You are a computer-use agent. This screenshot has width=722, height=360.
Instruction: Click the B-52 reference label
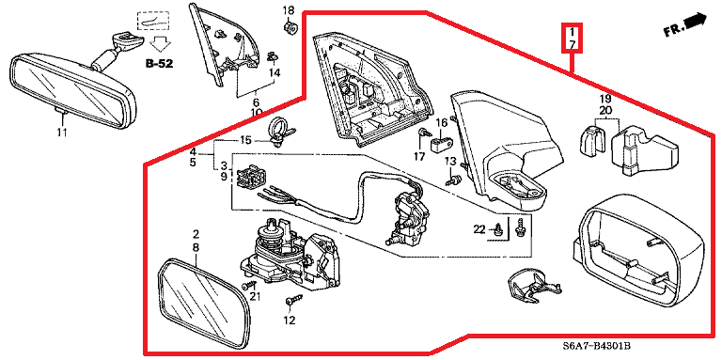[159, 64]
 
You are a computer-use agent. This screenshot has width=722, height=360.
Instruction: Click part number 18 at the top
[289, 9]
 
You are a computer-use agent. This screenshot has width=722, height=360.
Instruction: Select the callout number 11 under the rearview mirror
[62, 133]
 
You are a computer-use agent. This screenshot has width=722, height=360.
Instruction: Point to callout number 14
[275, 72]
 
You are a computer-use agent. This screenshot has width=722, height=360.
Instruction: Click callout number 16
[442, 122]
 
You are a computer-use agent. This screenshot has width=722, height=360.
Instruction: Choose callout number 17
[418, 157]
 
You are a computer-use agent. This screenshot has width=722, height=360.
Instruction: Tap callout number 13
[450, 161]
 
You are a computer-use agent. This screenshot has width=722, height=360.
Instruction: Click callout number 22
[479, 229]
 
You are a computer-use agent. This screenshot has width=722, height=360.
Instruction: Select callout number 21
[255, 296]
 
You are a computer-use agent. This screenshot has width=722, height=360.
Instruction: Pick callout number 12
[290, 321]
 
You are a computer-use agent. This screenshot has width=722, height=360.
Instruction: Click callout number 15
[246, 140]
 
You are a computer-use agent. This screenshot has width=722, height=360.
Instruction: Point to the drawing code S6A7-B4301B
[596, 346]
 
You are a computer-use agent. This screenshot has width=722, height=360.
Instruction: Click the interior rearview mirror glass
[72, 90]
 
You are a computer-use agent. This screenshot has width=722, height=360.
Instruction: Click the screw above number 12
[292, 301]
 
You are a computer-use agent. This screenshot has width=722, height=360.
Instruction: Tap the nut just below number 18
[290, 26]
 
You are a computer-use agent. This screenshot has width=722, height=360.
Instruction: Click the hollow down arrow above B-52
[160, 45]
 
